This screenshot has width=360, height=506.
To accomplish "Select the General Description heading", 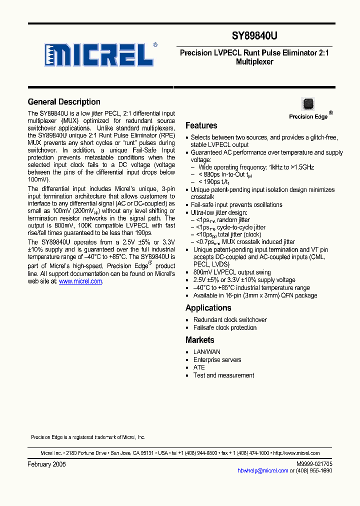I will point(64,102).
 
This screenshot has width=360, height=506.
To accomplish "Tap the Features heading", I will point(201,125).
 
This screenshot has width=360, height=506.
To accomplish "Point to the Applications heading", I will point(208,308).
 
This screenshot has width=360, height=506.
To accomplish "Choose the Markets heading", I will point(199,340).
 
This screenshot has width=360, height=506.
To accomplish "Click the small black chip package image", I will point(307,104).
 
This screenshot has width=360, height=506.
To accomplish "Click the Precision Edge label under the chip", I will point(308,116).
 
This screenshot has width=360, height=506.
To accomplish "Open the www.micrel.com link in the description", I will point(80,281).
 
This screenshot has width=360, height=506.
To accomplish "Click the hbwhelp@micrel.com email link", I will point(262,470).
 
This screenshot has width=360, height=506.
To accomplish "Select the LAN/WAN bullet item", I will point(206,352).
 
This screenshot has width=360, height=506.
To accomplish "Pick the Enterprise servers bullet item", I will point(217,359).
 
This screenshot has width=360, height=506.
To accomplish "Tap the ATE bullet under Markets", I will point(199,367).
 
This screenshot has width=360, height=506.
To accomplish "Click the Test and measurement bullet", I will point(223,375).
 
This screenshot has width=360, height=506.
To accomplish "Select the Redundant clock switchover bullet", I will point(230,320).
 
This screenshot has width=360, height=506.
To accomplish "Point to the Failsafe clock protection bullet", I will point(224,327).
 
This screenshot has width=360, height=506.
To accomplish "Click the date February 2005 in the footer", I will point(46,464).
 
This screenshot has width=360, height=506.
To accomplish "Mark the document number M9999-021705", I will point(310,464).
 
